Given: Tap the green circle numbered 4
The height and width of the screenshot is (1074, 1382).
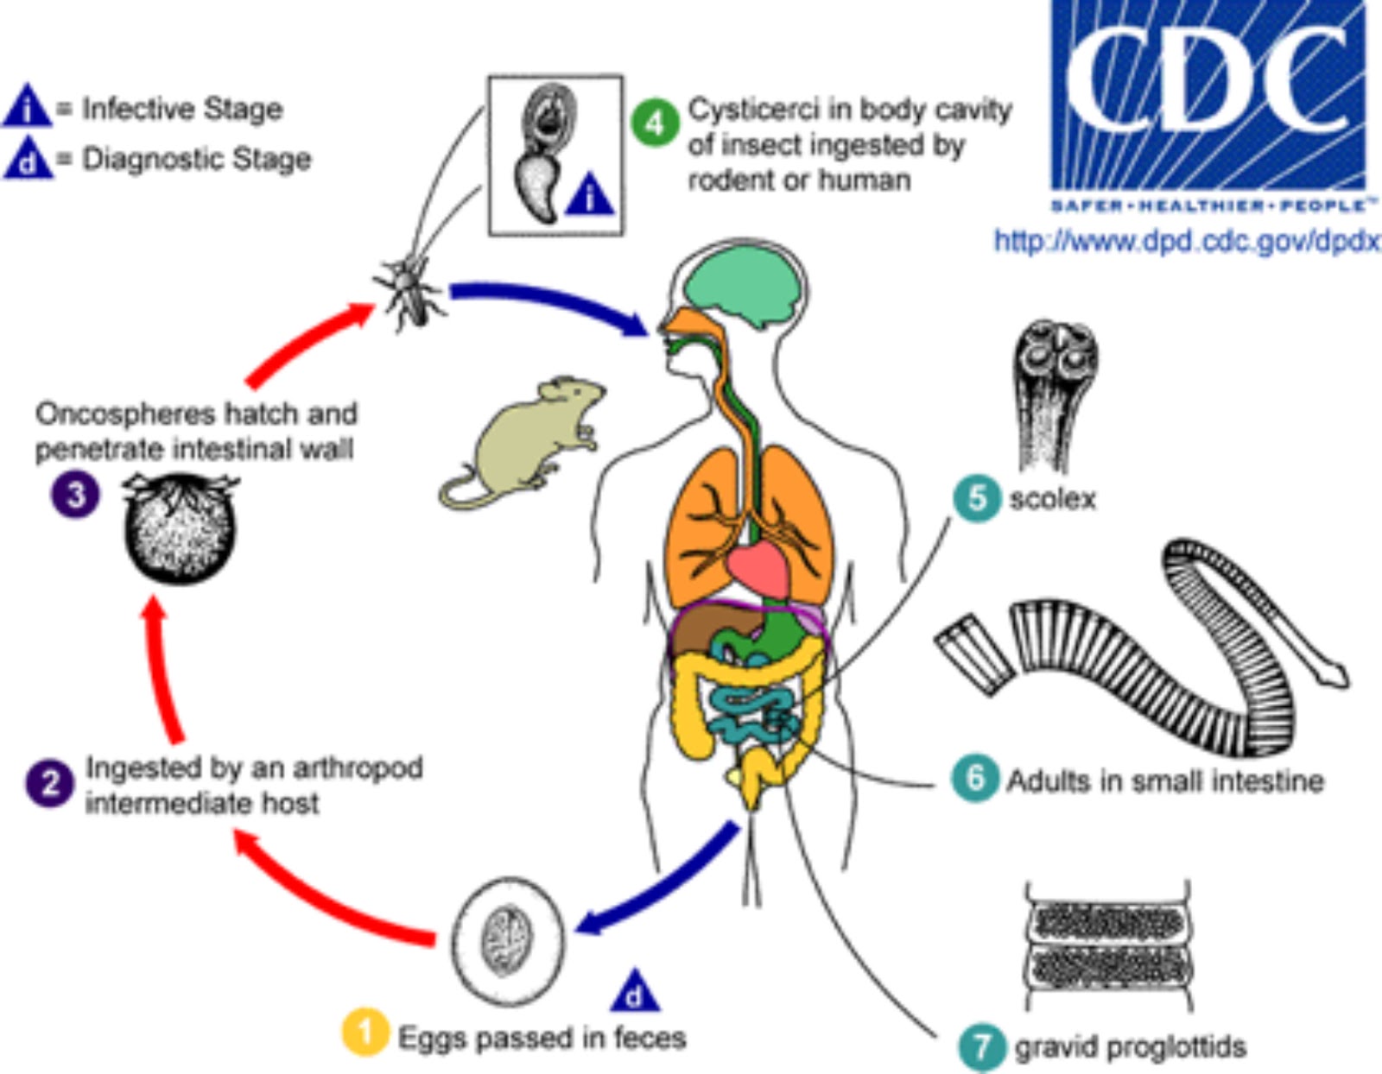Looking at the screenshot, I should click(x=654, y=123).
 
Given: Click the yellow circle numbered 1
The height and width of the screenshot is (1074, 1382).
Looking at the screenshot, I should click(x=365, y=1032).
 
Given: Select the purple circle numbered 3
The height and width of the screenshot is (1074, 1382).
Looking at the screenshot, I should click(x=74, y=495).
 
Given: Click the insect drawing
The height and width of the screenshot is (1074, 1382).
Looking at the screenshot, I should click(x=411, y=289).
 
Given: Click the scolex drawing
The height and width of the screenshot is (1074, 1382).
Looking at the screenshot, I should click(x=1054, y=389).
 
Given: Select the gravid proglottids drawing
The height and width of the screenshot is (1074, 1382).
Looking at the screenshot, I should click(x=1109, y=946).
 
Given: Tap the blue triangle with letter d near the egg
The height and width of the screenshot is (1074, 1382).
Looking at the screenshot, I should click(x=635, y=993).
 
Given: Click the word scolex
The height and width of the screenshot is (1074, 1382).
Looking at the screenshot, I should click(x=1052, y=499).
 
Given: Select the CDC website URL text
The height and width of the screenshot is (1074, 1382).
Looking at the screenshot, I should click(x=1186, y=241).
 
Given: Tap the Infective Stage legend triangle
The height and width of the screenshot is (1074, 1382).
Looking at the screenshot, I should click(x=29, y=108).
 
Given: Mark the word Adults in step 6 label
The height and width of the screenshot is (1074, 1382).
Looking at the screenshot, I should click(x=1049, y=780).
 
